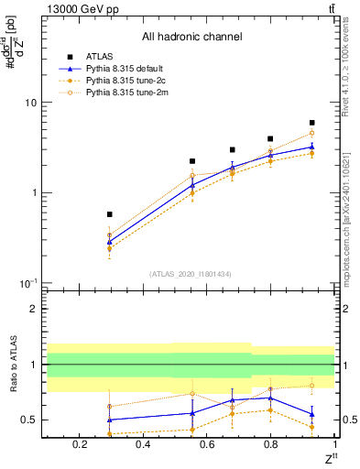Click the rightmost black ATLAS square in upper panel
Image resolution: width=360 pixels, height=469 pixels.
click(312, 123)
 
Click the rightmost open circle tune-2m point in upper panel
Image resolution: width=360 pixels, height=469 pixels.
click(312, 134)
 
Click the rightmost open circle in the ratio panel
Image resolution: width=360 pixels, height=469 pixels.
click(312, 386)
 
